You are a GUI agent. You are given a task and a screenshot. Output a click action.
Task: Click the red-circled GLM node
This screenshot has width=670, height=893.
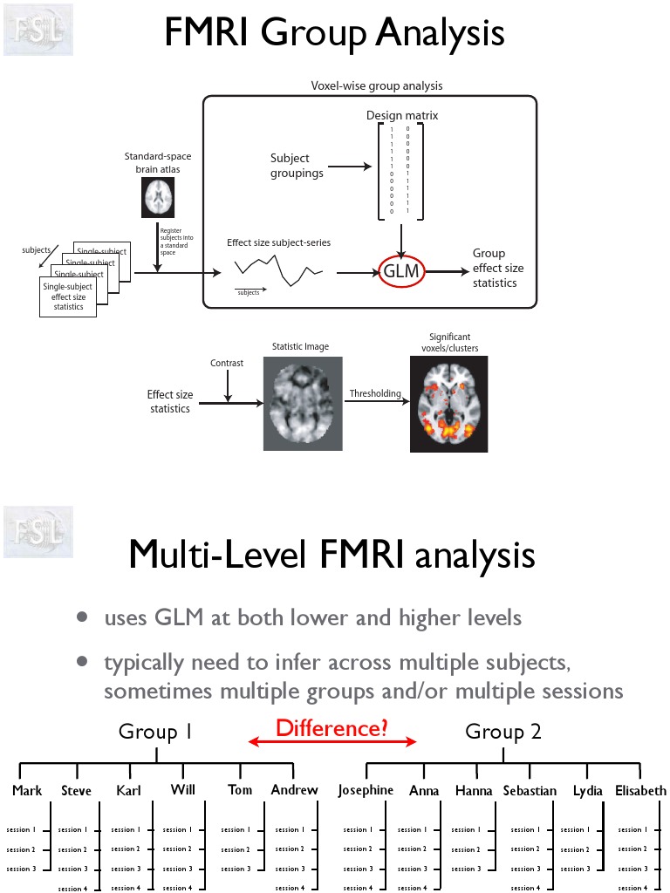[x=401, y=272]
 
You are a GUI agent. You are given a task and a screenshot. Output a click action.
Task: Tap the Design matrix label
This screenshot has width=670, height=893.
[x=401, y=115]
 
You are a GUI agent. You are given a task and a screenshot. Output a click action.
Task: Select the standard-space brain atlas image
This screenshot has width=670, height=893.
[x=158, y=198]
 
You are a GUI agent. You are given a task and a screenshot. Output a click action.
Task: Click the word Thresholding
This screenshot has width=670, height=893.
[x=375, y=393]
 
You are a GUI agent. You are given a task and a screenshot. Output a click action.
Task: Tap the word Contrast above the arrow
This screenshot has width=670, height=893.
[x=227, y=363]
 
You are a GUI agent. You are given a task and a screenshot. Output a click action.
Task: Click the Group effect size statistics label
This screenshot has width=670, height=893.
[x=498, y=268]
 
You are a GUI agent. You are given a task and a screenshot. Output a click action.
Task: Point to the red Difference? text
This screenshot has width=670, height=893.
[x=332, y=727]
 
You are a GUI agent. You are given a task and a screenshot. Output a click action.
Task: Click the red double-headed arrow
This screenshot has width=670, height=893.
[x=332, y=742]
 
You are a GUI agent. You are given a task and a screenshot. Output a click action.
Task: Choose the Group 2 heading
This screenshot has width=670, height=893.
[x=503, y=732]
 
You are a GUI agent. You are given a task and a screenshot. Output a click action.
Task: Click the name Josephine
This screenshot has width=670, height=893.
[x=366, y=791]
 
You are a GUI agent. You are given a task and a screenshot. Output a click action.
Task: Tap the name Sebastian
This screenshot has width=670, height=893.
[x=530, y=791]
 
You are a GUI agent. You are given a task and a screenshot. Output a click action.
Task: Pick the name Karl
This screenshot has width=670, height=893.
[x=128, y=791]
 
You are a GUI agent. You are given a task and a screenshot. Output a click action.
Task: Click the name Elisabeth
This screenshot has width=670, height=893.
[x=640, y=791]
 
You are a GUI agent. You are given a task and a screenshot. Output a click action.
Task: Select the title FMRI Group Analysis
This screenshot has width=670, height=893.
[x=334, y=33]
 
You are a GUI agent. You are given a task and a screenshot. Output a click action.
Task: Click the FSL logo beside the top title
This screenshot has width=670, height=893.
[x=38, y=29]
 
